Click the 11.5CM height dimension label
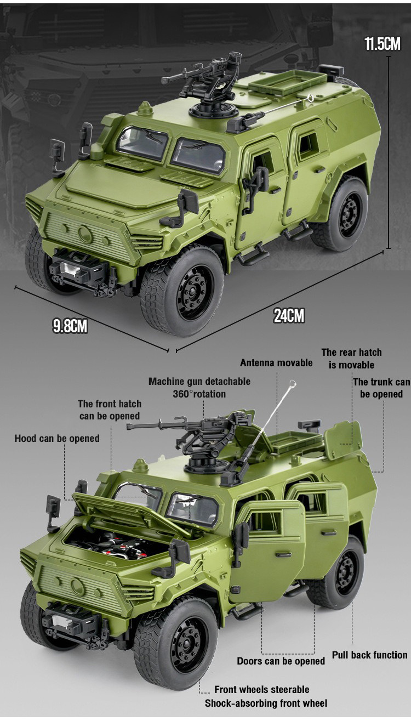pos(383,43)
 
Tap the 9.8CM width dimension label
pos(70,326)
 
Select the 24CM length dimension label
pos(289,315)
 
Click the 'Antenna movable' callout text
pos(276,363)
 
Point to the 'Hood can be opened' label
pos(57,439)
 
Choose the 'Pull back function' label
pos(369,655)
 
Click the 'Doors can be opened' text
pos(281,661)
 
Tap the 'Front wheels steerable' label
pos(262,689)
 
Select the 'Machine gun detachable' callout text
pos(199,382)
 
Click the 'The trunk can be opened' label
pos(381,388)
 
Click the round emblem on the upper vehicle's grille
pos(85,234)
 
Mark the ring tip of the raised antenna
pos(292,383)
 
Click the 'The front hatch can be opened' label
pos(110,410)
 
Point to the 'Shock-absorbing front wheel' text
pos(266,703)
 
